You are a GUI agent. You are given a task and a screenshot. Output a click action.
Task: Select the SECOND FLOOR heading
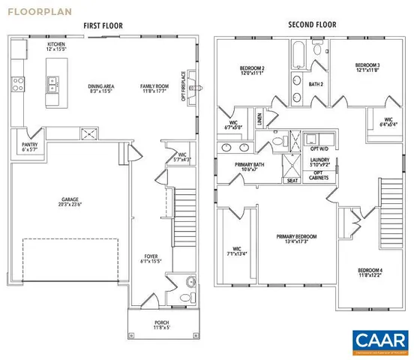(x=312, y=25)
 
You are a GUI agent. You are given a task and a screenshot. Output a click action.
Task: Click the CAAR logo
(x=380, y=340)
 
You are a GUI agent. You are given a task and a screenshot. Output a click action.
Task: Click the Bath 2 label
(x=316, y=84)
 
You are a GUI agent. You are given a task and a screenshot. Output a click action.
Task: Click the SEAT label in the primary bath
(x=291, y=181)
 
